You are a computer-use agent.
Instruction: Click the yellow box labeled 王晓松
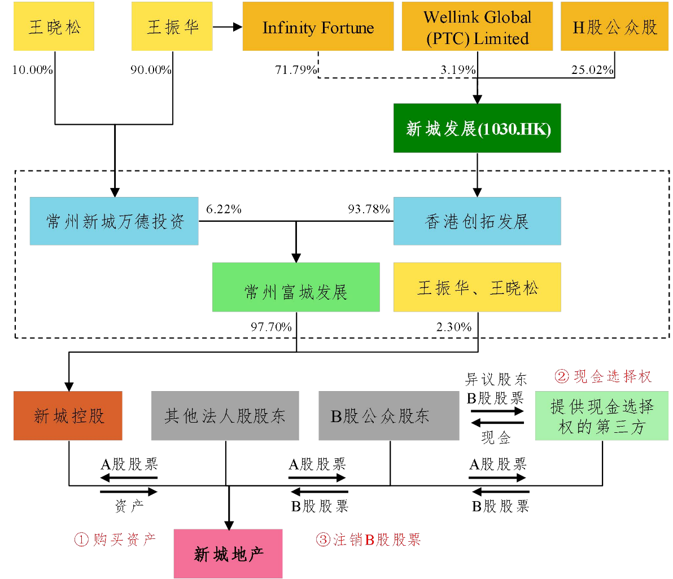(x=54, y=27)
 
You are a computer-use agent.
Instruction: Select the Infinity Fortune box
(x=318, y=27)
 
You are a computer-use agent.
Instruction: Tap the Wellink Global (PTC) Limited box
(x=477, y=27)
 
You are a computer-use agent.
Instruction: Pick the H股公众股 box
(x=614, y=27)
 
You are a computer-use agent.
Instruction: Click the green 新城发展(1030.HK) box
(x=477, y=128)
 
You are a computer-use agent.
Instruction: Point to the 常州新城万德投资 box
(x=114, y=221)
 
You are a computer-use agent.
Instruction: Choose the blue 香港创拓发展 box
(x=477, y=221)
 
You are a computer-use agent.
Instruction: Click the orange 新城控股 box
(x=68, y=416)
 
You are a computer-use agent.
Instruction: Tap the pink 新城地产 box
(x=228, y=554)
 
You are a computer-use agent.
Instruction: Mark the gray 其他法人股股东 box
(x=225, y=416)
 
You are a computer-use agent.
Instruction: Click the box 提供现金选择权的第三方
(x=601, y=416)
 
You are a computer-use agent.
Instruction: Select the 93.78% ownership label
(x=369, y=209)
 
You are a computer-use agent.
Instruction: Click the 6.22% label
(x=224, y=209)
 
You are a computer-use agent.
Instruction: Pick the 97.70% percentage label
(x=271, y=327)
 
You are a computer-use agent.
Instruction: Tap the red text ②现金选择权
(x=603, y=376)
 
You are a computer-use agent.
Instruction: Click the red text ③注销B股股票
(x=368, y=540)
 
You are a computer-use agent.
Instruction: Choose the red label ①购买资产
(x=115, y=540)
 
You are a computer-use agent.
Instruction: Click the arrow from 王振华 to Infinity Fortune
(x=228, y=27)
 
